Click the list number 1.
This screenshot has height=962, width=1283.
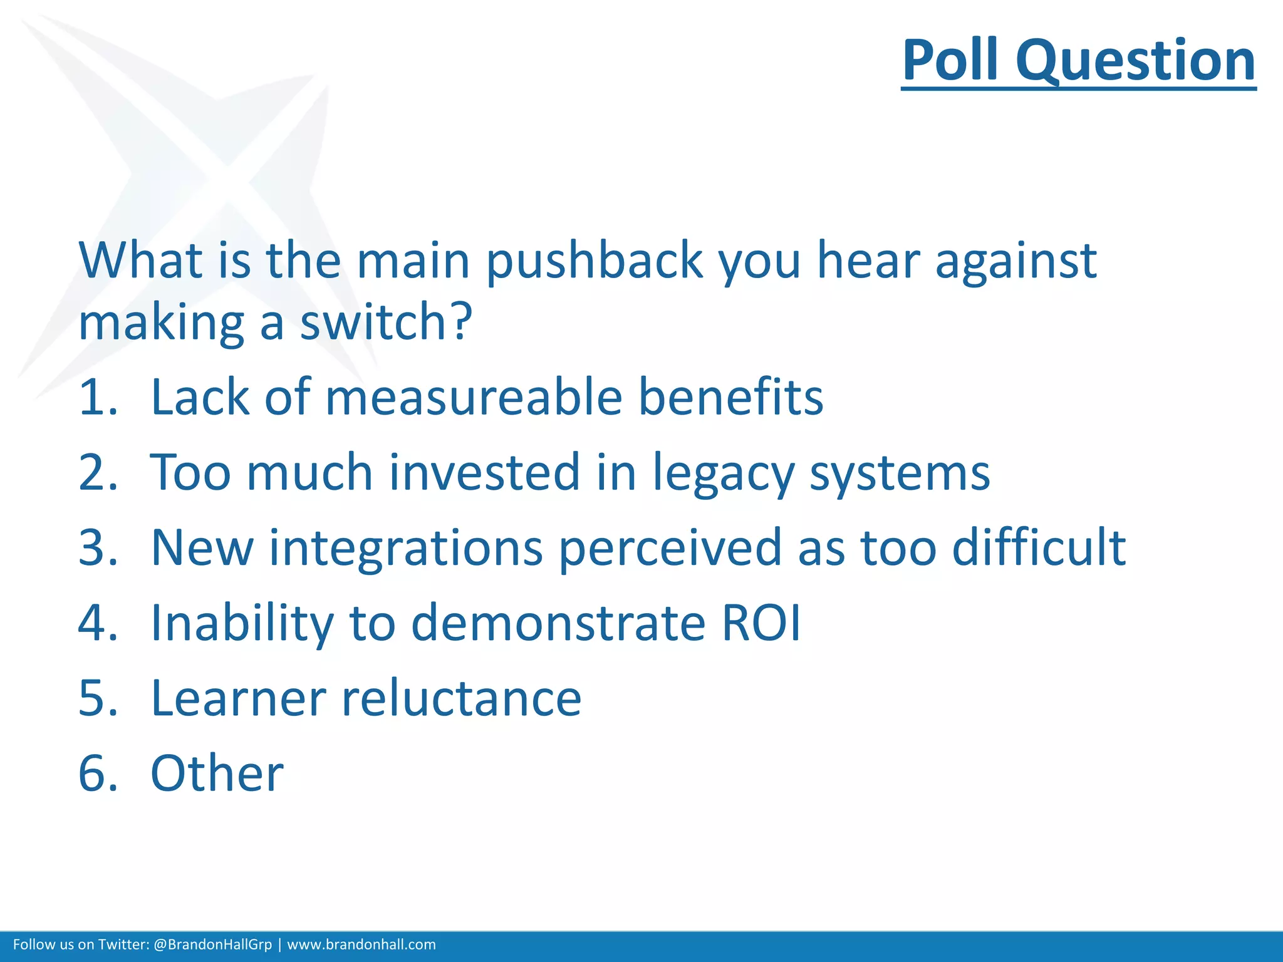[98, 398]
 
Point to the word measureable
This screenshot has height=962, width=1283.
[474, 398]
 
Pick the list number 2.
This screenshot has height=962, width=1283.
[98, 473]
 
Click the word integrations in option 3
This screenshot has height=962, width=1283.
[405, 549]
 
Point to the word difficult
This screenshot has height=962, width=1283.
[1039, 547]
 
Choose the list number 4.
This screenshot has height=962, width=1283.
[98, 623]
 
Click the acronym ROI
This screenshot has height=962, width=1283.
[761, 623]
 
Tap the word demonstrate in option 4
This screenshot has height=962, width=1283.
[558, 623]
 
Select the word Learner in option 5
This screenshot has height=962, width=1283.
[238, 698]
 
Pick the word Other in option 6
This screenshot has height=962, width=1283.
[217, 773]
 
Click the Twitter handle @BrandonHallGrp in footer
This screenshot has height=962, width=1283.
[212, 944]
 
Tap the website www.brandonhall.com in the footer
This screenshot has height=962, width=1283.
[361, 944]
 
